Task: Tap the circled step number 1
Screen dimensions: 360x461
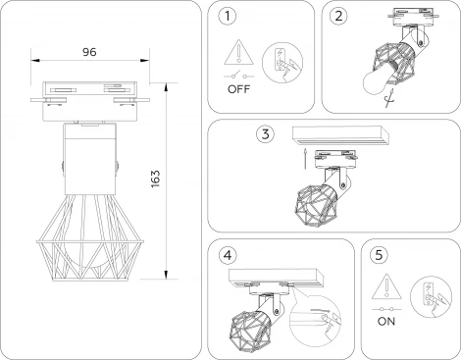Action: [x=229, y=17]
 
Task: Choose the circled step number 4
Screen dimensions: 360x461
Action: [x=229, y=254]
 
